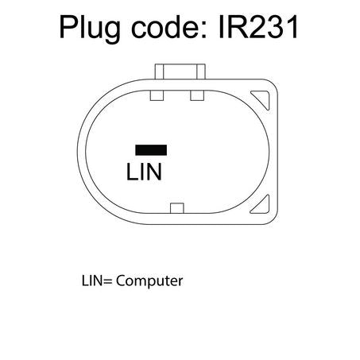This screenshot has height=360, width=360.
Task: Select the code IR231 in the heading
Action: (258, 27)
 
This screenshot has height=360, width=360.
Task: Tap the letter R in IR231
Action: (234, 27)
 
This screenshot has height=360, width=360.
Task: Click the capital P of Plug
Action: (68, 27)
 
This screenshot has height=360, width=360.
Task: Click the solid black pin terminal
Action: (151, 150)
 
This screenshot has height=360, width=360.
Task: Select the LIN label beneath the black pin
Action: (144, 172)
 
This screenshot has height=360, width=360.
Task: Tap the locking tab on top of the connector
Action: (180, 72)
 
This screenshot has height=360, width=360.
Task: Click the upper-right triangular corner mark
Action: (261, 99)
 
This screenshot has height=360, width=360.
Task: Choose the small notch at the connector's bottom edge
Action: (177, 208)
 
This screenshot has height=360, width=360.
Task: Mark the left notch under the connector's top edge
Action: (157, 95)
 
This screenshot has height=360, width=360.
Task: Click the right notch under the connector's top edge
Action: (197, 95)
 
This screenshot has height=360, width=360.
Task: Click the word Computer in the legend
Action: (149, 281)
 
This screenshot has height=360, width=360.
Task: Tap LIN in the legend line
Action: (91, 281)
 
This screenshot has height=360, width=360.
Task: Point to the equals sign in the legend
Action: (107, 282)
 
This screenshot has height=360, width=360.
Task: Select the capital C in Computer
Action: (121, 281)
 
